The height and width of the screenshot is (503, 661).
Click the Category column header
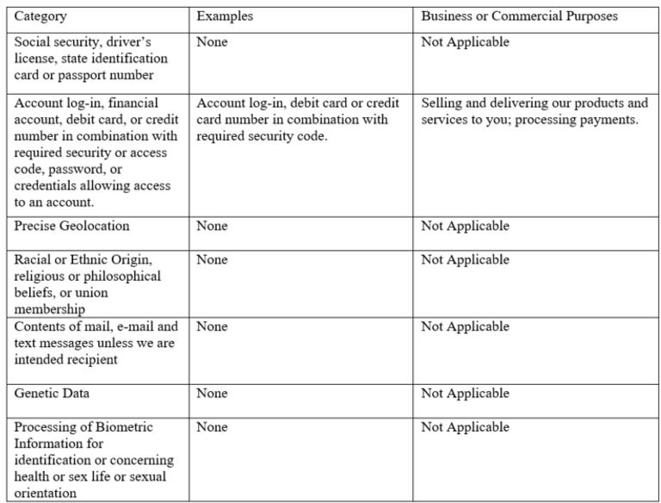click(x=40, y=16)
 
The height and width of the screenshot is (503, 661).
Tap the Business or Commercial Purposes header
click(x=519, y=16)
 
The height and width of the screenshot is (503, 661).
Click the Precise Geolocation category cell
click(x=71, y=226)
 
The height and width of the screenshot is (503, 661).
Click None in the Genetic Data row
click(x=212, y=394)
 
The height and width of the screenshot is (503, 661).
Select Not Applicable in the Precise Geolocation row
click(x=465, y=226)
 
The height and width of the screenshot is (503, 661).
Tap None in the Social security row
click(x=212, y=41)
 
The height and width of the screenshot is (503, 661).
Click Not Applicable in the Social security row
click(x=465, y=41)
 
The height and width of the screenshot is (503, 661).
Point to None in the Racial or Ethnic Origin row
click(x=212, y=259)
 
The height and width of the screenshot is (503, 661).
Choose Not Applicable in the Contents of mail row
click(x=465, y=326)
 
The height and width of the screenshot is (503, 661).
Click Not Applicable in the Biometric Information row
click(x=465, y=427)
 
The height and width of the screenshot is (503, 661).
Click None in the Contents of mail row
click(x=212, y=326)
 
